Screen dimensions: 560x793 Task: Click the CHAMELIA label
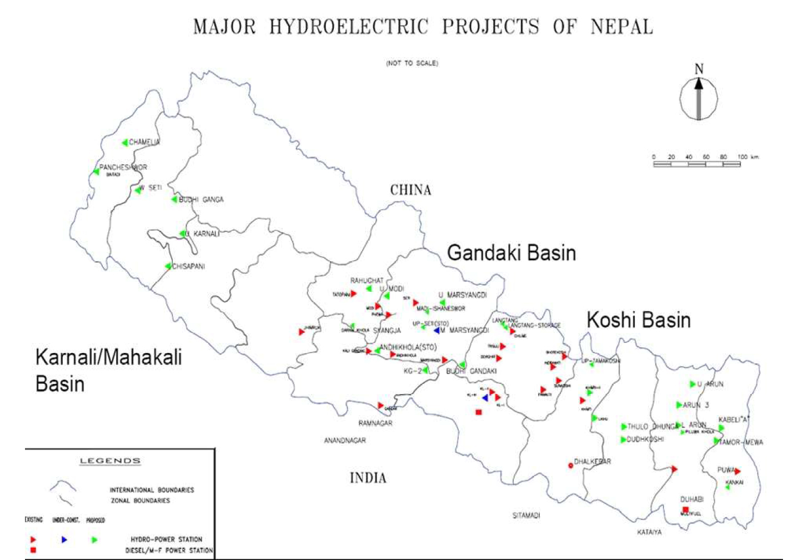(x=144, y=143)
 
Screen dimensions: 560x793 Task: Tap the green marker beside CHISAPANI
(x=168, y=266)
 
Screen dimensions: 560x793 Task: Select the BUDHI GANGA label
(x=201, y=200)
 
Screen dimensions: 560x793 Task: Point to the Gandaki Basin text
(x=511, y=253)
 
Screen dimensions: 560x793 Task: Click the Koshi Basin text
(x=639, y=320)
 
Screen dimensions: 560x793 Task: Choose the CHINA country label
(x=410, y=190)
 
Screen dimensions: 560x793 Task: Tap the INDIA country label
(x=368, y=478)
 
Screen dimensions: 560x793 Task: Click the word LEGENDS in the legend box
(x=110, y=461)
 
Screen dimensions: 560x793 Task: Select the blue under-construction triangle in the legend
(x=64, y=539)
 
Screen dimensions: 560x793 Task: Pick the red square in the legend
(x=33, y=550)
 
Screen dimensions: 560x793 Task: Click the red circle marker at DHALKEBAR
(x=570, y=466)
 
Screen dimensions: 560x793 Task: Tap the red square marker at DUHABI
(x=685, y=509)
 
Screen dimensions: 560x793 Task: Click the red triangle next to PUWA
(x=737, y=471)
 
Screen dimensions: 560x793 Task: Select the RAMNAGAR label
(x=375, y=423)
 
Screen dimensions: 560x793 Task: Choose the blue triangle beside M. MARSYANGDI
(x=437, y=330)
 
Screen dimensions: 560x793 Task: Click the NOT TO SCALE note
(x=411, y=63)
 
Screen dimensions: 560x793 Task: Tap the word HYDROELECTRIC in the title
(x=349, y=27)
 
